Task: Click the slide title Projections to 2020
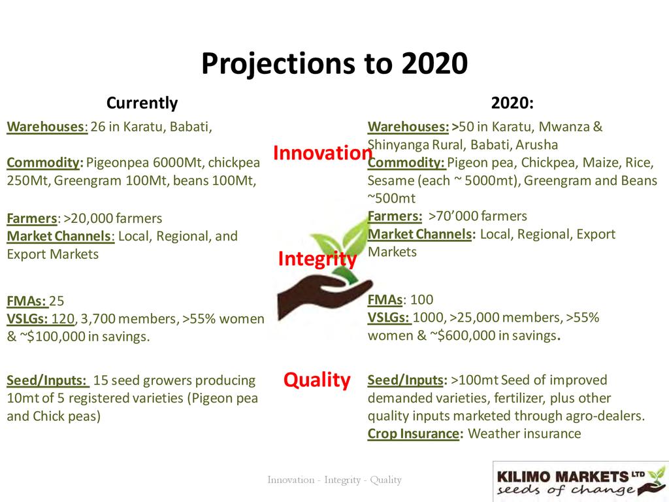coord(334,64)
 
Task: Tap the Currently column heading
coord(142,103)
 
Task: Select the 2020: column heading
coord(512,103)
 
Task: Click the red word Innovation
coord(323,153)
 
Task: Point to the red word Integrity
coord(318,259)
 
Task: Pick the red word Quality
coord(317,380)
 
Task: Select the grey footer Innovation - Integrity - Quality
coord(334,480)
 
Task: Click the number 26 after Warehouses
coord(98,127)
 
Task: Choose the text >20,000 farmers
coord(112,218)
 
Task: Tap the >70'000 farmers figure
coord(478,216)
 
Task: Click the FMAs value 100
coord(421,299)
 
